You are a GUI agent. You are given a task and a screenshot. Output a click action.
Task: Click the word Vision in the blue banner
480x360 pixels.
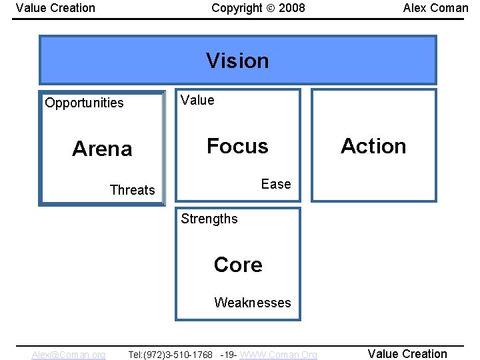(237, 61)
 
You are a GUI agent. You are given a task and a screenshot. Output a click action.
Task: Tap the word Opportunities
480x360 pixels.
(84, 103)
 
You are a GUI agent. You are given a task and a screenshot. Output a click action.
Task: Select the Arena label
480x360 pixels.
(102, 149)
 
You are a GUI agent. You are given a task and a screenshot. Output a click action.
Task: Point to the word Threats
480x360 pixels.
(132, 190)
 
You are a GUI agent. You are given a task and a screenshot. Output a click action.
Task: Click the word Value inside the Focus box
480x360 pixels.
(197, 100)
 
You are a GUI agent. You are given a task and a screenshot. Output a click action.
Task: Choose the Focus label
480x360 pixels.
(237, 146)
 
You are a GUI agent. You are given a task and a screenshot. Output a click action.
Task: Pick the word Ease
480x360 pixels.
(276, 184)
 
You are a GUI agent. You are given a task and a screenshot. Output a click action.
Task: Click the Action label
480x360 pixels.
(373, 146)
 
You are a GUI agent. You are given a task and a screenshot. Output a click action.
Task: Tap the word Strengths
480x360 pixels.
(209, 219)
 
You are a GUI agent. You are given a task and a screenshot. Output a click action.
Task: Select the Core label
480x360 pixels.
(238, 265)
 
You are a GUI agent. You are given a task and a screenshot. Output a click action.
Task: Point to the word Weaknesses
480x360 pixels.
(252, 303)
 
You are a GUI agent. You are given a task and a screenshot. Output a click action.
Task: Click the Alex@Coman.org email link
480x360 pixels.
(68, 355)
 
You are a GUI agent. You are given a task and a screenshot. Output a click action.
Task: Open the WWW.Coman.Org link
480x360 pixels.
(278, 355)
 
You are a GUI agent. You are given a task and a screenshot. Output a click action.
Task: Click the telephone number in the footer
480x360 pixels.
(171, 355)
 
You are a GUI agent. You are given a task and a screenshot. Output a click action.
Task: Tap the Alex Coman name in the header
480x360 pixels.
(435, 8)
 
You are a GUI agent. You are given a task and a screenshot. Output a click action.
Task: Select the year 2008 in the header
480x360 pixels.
(292, 8)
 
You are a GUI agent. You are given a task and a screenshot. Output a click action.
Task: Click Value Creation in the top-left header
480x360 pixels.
(55, 8)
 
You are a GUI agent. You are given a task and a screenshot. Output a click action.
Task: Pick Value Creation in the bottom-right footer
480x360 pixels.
(407, 354)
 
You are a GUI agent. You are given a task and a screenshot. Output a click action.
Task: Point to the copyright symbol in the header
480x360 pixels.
(271, 8)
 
